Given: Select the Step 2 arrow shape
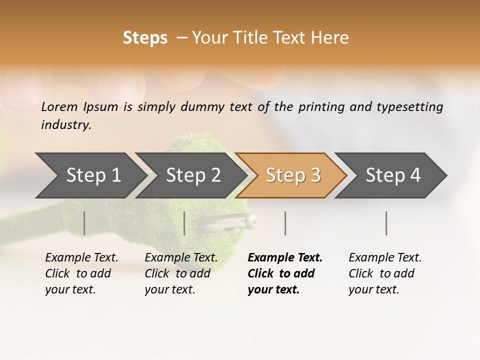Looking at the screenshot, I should tap(192, 175).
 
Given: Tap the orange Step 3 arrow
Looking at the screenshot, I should tap(292, 175).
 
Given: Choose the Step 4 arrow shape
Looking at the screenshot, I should tap(392, 175).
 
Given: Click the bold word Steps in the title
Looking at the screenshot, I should tap(145, 38).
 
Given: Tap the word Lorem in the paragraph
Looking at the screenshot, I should tap(59, 106).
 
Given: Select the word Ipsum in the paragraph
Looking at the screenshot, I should tap(101, 106).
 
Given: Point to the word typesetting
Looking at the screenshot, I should tap(406, 106).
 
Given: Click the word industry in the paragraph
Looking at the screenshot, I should tap(66, 125).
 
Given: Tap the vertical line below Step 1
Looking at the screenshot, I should tap(84, 223).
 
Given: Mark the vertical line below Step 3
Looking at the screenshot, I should tap(285, 223).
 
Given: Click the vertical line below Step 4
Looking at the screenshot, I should tap(386, 223).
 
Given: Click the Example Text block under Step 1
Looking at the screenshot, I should tap(81, 273).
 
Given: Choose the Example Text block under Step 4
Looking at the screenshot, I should tap(385, 273).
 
